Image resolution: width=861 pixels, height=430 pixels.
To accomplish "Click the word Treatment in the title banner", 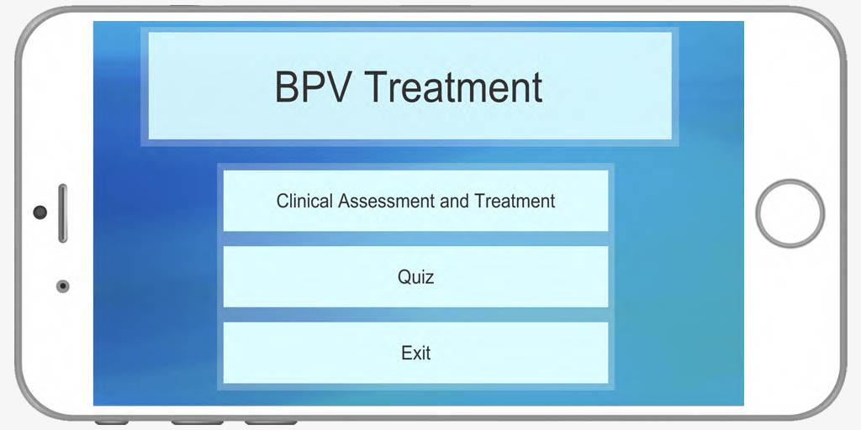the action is click(453, 87).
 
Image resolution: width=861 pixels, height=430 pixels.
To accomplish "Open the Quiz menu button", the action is click(415, 276).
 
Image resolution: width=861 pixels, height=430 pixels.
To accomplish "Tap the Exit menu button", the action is click(415, 353).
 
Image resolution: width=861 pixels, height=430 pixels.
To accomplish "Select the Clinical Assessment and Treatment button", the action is click(415, 201).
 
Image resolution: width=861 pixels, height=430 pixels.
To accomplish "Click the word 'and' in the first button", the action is click(455, 201).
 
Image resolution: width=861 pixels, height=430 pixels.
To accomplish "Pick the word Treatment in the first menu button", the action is click(515, 201).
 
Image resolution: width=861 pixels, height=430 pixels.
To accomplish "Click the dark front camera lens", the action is click(40, 212).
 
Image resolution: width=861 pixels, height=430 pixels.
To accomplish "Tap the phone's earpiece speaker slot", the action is click(62, 212).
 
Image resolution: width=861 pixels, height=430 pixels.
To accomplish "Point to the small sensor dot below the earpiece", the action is click(62, 286).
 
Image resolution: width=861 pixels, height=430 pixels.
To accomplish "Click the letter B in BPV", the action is click(286, 87).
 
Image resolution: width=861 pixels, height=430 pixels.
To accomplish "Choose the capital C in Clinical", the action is click(283, 201).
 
